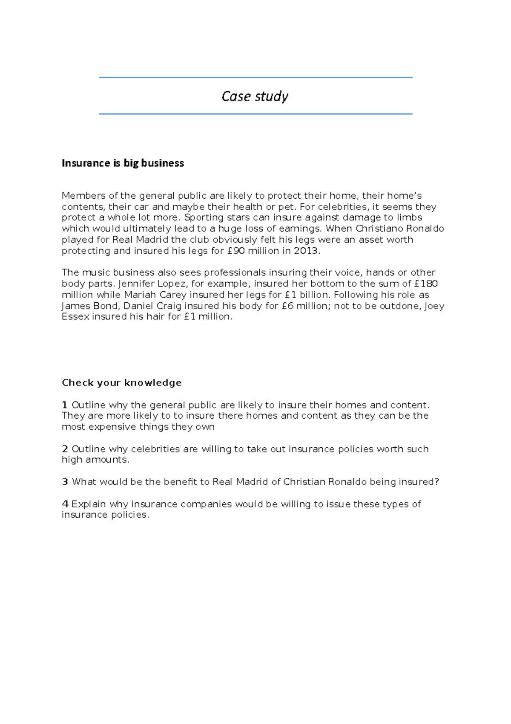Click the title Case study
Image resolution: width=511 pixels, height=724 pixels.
(x=255, y=97)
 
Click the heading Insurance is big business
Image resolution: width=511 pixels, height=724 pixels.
(x=123, y=163)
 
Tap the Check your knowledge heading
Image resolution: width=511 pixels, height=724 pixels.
(x=122, y=383)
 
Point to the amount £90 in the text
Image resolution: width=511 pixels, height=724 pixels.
(x=236, y=251)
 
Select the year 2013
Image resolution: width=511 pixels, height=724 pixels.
(x=305, y=251)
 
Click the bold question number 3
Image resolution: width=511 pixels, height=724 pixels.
(x=65, y=482)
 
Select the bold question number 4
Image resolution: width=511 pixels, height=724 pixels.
(x=65, y=504)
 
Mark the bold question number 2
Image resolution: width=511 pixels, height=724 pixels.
(x=65, y=449)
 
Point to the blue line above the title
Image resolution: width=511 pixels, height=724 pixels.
(x=255, y=78)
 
